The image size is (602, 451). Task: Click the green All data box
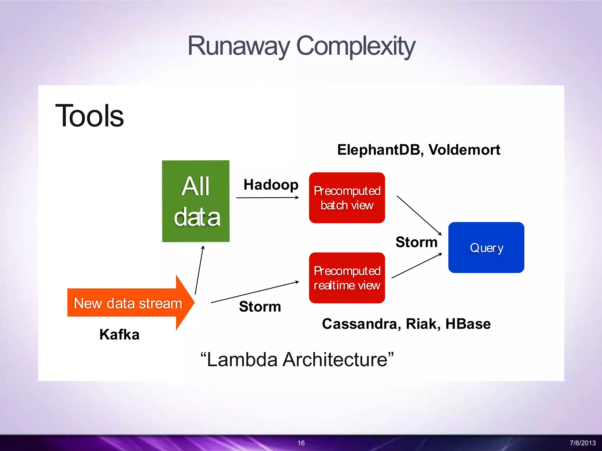[196, 201]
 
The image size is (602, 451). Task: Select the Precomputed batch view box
[347, 198]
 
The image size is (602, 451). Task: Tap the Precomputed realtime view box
[347, 278]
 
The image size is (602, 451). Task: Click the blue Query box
[486, 248]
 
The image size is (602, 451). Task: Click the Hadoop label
[271, 185]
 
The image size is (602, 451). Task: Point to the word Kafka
[119, 334]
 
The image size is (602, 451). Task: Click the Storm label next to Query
[416, 242]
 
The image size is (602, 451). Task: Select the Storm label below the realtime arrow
[260, 307]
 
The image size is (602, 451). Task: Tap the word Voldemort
[464, 150]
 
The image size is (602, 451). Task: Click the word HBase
[468, 324]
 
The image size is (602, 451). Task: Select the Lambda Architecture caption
[297, 359]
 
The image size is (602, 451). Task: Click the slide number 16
[301, 443]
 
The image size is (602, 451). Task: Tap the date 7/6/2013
[583, 443]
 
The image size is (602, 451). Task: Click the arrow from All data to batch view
[267, 198]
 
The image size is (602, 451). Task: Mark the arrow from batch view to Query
[419, 215]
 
